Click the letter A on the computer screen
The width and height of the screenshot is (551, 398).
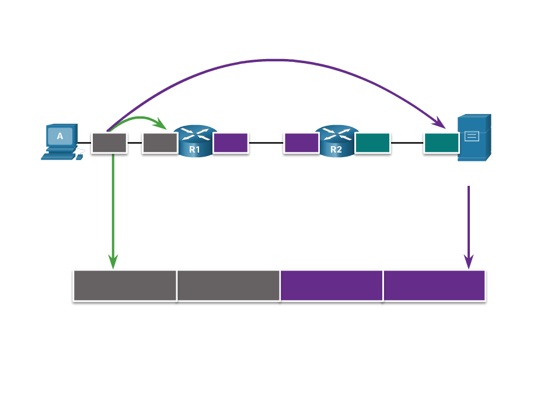[x=60, y=136]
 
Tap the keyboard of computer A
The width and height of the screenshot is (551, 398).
[x=58, y=156]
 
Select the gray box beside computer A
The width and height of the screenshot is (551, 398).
[x=109, y=143]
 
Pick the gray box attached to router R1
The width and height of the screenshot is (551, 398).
[x=160, y=143]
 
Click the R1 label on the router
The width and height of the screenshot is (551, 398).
[x=194, y=150]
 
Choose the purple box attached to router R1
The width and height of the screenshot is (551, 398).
[x=231, y=143]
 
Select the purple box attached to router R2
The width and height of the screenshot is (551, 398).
[x=301, y=143]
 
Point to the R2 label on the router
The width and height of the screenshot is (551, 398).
[x=336, y=150]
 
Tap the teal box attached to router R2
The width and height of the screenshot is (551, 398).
[x=372, y=143]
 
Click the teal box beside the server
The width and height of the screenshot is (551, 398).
[x=441, y=143]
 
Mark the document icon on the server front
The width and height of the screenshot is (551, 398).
[x=472, y=136]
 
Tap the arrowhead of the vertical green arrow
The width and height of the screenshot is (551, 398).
[x=113, y=262]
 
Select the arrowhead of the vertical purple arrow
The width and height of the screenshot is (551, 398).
[x=468, y=262]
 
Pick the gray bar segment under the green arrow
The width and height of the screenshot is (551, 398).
[x=125, y=285]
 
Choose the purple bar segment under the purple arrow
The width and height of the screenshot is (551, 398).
[x=434, y=285]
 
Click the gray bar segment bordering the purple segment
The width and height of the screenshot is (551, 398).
[x=228, y=285]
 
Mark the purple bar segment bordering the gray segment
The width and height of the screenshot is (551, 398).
[x=332, y=285]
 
